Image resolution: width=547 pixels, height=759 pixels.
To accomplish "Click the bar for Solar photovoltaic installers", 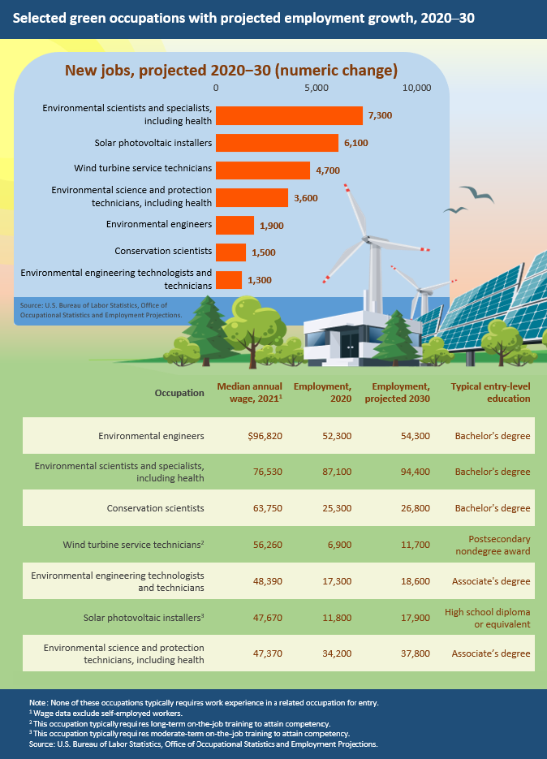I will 277,143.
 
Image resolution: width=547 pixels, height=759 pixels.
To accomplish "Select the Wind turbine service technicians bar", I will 263,170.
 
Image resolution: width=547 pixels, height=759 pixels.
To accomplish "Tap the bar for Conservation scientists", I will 230,252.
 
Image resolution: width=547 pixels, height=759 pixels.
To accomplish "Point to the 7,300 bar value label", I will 380,115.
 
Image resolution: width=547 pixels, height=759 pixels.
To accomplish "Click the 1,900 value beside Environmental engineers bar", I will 271,225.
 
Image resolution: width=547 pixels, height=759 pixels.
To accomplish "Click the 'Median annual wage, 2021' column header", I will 250,393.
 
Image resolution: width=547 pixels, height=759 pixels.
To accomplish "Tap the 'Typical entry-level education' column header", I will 490,393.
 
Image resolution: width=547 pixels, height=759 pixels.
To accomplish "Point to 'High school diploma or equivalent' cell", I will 488,618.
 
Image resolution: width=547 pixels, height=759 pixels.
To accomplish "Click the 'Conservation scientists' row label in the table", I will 156,508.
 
